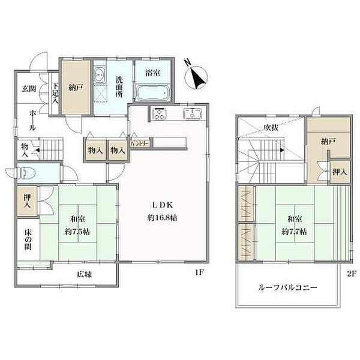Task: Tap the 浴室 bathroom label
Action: pos(152,73)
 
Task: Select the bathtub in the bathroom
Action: pos(153,94)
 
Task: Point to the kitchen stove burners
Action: pos(160,113)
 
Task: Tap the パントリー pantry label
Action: pos(140,144)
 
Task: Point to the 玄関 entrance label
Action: pos(29,88)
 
